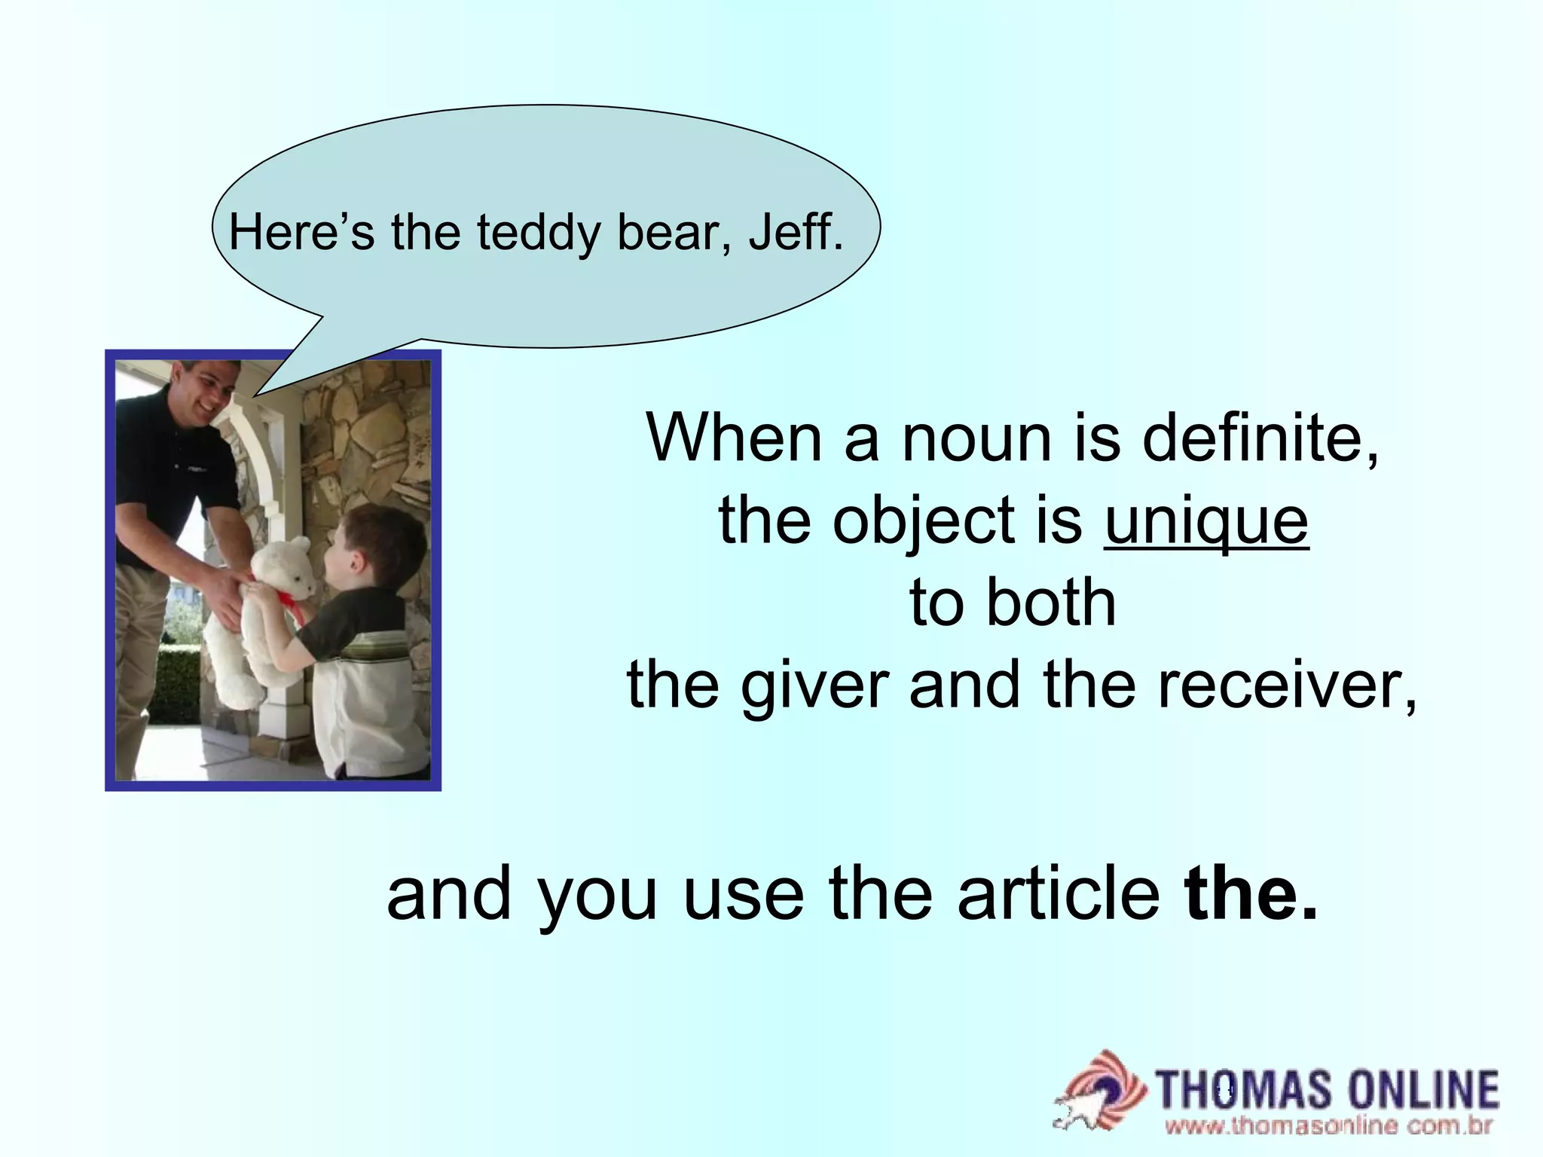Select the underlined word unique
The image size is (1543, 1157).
pos(1206,520)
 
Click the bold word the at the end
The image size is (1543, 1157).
pos(1250,894)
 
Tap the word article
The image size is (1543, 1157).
pos(1058,894)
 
